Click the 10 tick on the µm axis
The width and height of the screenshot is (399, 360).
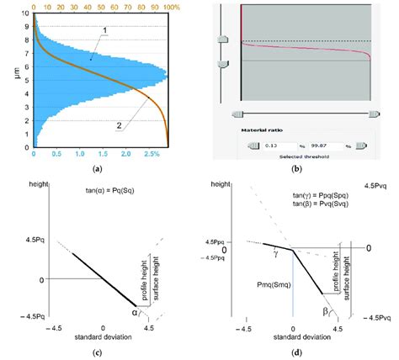pos(24,13)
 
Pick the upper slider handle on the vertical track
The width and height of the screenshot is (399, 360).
pos(222,40)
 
